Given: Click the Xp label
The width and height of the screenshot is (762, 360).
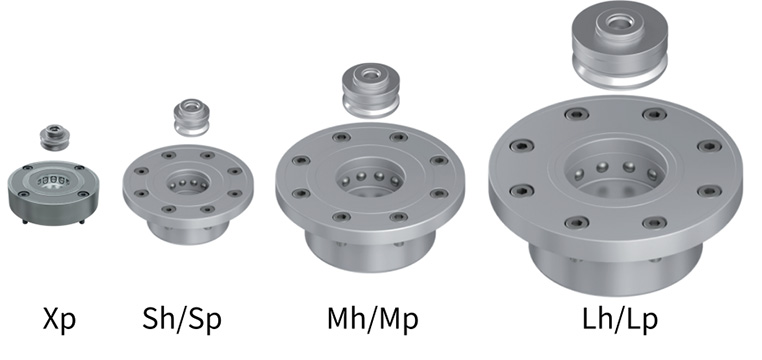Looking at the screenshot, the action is (x=59, y=320).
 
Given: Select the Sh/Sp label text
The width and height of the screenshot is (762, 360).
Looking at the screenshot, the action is (x=182, y=319).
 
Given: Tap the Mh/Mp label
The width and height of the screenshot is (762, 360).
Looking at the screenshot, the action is (x=373, y=319).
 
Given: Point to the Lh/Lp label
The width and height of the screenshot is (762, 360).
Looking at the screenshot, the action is (x=620, y=319).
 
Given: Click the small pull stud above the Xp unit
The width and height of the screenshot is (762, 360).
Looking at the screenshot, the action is (x=54, y=137).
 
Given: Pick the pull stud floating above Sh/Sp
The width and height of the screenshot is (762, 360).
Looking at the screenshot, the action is (x=191, y=117).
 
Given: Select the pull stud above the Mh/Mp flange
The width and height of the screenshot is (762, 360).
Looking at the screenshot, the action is (x=371, y=90).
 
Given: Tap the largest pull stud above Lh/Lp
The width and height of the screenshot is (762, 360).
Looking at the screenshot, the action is (x=620, y=45).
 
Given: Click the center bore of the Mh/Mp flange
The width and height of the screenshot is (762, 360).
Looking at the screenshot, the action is (x=370, y=177).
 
